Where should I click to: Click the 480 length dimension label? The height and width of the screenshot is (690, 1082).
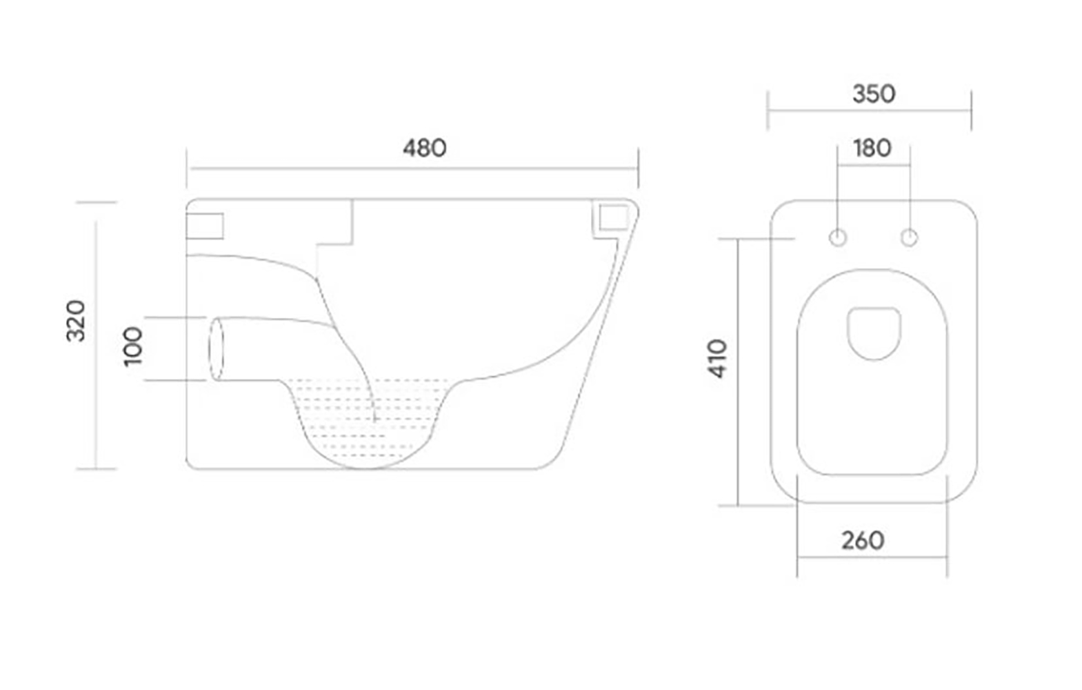(x=424, y=148)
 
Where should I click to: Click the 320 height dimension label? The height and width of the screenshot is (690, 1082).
(x=76, y=321)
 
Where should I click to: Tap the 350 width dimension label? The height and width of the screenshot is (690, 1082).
(x=873, y=94)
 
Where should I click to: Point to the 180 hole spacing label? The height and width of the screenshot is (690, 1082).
(x=872, y=148)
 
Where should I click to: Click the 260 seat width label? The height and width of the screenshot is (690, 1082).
(x=862, y=540)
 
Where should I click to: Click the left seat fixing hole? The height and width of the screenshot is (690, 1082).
(x=837, y=238)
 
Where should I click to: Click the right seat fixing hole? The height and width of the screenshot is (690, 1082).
(x=909, y=238)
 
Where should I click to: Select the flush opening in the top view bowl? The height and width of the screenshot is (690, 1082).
(x=874, y=333)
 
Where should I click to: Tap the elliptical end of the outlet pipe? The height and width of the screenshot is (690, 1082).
(x=217, y=348)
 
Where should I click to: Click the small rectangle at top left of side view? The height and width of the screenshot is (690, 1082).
(x=205, y=226)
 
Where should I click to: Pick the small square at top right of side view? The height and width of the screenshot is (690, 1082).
(x=612, y=217)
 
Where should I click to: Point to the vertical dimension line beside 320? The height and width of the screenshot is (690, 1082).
(x=96, y=386)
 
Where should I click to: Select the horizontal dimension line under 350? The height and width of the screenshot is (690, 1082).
(x=869, y=109)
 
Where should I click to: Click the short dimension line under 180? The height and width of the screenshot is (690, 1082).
(x=873, y=165)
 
